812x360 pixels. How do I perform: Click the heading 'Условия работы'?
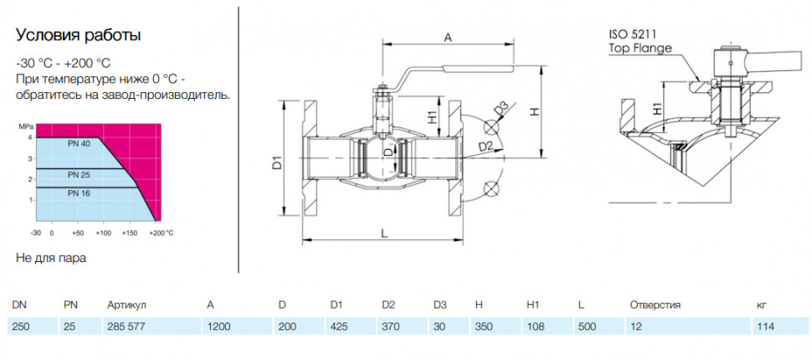click(x=78, y=36)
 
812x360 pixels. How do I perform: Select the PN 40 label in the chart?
click(x=79, y=144)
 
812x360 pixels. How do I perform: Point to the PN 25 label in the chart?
click(x=79, y=175)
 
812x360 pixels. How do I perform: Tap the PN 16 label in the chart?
click(x=79, y=193)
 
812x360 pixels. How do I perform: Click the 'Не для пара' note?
click(x=51, y=258)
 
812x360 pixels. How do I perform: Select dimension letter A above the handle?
click(x=449, y=38)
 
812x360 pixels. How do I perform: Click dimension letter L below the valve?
click(x=383, y=234)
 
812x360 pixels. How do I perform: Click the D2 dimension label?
click(x=485, y=147)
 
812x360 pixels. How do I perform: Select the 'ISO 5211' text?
click(x=632, y=35)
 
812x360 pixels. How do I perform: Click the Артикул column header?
click(x=126, y=305)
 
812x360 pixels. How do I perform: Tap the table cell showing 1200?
click(x=218, y=327)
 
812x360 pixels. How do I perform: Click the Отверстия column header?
click(x=655, y=305)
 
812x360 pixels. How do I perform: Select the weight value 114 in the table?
click(x=765, y=327)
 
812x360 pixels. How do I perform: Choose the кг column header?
click(x=761, y=305)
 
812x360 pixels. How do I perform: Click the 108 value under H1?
click(x=534, y=327)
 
